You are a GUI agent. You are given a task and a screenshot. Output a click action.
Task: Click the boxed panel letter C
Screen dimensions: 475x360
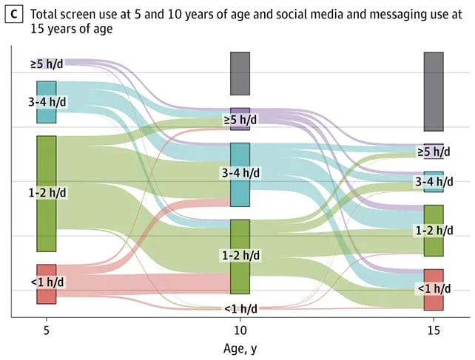(14, 14)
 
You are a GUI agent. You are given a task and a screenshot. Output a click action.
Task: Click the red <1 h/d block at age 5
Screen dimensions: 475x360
(47, 284)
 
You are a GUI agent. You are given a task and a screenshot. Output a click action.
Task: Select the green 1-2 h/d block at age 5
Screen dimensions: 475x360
(47, 194)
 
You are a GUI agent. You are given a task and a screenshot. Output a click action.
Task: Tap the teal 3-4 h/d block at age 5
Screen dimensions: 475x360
(47, 102)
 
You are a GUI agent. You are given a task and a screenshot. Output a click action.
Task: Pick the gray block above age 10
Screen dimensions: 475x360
(240, 74)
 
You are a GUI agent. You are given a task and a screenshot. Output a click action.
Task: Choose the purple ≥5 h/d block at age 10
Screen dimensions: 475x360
(240, 119)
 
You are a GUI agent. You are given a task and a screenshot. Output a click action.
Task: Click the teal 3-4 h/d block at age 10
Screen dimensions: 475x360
(240, 174)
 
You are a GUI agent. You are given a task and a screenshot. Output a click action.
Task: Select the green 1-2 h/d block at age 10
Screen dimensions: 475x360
(240, 257)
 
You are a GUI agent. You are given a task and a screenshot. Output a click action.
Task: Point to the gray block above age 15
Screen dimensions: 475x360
(434, 92)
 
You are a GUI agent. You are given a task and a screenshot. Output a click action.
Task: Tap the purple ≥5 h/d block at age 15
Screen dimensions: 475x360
(434, 151)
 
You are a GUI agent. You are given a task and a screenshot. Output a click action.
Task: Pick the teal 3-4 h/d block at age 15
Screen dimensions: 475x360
(434, 182)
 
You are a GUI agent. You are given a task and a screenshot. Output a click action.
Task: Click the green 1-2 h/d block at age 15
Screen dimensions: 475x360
(434, 231)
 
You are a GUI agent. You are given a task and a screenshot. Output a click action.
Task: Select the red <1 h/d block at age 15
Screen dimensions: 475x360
(434, 290)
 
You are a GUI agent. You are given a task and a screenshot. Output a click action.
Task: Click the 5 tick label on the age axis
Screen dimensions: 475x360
(47, 330)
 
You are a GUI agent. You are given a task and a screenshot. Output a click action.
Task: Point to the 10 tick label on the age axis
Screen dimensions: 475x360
(240, 330)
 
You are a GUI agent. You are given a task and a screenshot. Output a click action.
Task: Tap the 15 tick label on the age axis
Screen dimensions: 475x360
(434, 330)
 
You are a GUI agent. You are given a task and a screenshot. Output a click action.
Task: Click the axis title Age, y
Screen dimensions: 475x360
(240, 348)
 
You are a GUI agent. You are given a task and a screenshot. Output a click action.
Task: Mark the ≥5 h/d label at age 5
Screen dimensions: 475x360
(47, 64)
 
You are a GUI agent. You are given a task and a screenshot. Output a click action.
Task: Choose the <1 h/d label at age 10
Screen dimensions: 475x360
(241, 309)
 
